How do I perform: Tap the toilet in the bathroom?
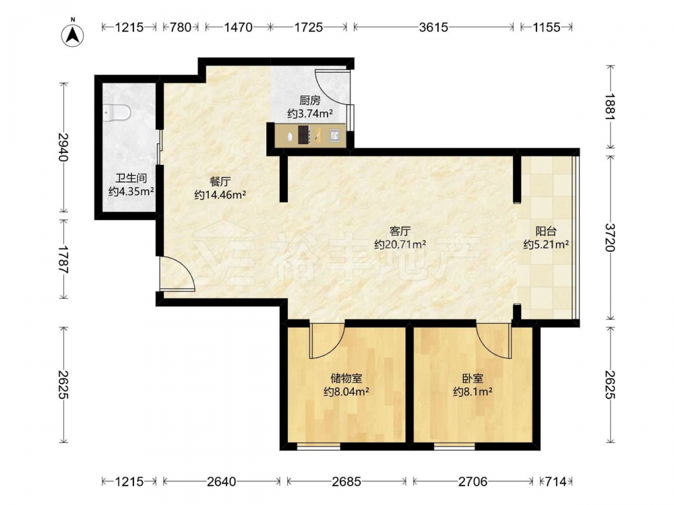coord(117,112)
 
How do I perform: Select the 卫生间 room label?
coord(131,178)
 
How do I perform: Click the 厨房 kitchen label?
coord(310,100)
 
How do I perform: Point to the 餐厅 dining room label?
coord(220,182)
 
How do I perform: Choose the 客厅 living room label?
coord(400,232)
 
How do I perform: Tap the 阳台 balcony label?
coord(546,232)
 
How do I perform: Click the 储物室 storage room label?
coord(346,378)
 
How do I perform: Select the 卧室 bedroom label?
coord(472,378)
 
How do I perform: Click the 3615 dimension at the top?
coord(433,28)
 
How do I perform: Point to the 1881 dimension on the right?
coord(611,106)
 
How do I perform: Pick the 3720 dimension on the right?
coord(611,238)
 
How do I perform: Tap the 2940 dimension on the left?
coord(63,147)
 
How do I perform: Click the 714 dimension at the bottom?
coord(556,482)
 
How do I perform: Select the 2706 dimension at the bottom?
coord(473,482)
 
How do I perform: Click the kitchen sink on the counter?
coord(335,136)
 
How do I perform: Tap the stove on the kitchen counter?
coord(303,135)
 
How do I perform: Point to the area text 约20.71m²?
coord(400,245)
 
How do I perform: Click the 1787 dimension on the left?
coord(63,259)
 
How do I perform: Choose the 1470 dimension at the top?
coord(238,28)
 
